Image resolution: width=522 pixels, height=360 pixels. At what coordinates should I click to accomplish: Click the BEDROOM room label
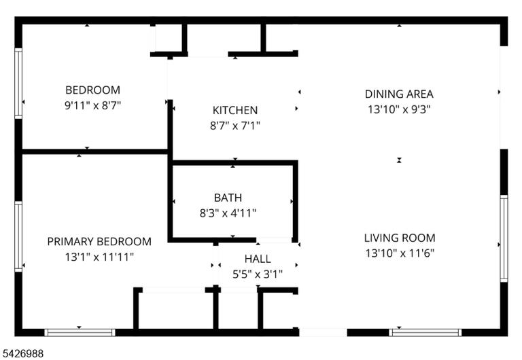coord(92,90)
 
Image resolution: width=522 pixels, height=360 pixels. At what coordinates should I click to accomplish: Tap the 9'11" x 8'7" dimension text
coord(92,105)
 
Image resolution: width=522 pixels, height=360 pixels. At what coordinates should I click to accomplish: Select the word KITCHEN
coord(235,110)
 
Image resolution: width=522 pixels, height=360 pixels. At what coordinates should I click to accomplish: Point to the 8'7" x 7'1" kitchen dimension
coord(235,126)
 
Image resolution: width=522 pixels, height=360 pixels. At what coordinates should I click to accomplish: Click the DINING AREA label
coord(399,94)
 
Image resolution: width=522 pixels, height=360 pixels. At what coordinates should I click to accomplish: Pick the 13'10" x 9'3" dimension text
coord(399,109)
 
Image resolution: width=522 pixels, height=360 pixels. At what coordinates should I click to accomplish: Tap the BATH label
coord(228,198)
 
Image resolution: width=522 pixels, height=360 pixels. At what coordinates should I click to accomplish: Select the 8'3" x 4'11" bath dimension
coord(228,213)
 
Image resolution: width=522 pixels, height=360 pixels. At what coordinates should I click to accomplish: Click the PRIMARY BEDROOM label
coord(99,242)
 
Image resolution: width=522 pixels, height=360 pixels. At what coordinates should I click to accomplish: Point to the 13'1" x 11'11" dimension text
coord(99,257)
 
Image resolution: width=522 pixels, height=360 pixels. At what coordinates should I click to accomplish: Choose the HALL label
coord(258,259)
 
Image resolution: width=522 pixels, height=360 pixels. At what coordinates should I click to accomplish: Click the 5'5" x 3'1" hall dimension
coord(258,274)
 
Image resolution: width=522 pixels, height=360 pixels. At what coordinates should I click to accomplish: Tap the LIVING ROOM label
coord(400,238)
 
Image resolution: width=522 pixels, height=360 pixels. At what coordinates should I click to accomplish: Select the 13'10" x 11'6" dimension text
coord(400,253)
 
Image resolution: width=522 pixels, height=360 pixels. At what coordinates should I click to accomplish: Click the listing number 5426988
coord(23,353)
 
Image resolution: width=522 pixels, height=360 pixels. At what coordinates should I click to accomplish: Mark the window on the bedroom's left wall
coord(18,83)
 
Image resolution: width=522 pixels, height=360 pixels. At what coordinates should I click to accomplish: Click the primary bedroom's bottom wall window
coord(80,332)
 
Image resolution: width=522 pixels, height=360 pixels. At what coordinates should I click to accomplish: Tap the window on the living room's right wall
coord(504,238)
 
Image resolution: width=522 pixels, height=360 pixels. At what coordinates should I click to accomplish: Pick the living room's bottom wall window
coord(425,332)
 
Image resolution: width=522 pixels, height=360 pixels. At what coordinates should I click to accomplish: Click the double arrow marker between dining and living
coord(399,160)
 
